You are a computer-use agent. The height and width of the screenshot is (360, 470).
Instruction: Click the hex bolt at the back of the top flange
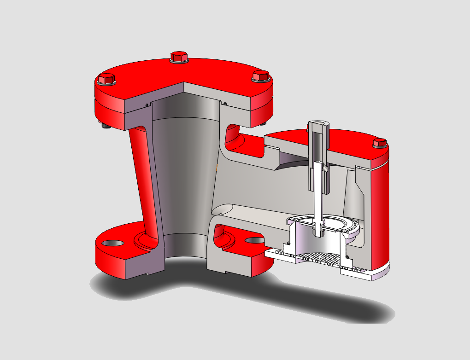[x=178, y=57]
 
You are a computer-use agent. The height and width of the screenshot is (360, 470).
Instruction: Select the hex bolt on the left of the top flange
[x=106, y=79]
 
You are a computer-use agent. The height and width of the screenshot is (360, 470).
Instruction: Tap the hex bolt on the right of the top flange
[x=260, y=76]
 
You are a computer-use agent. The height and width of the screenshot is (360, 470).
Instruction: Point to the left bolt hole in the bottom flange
[x=113, y=242]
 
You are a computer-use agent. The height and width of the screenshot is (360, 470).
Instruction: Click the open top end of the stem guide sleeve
[x=318, y=123]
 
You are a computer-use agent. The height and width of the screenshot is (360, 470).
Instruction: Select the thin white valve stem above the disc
[x=318, y=198]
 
